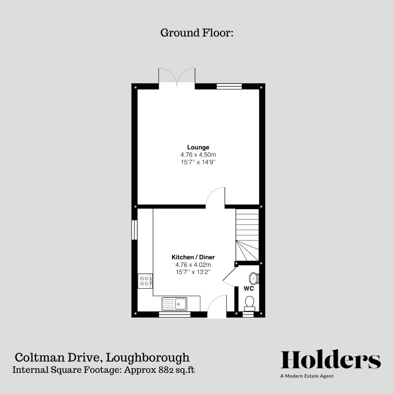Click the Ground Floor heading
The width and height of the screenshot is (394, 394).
point(197,33)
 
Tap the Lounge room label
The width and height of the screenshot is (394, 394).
point(198,147)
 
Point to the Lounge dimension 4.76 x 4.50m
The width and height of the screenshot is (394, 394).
point(198,155)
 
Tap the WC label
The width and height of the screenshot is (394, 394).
point(249,288)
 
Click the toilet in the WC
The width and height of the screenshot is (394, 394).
point(250,303)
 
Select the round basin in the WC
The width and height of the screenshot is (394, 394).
point(254,278)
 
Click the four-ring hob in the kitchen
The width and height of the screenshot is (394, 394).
point(145,281)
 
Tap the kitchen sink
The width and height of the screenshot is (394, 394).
point(175,303)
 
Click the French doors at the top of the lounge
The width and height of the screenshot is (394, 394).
point(177,77)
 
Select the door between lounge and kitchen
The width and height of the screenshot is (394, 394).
point(216,197)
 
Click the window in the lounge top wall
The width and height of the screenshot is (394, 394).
point(229,86)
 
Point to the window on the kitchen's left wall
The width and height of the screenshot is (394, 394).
point(134,229)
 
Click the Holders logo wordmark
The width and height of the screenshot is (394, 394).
point(331,360)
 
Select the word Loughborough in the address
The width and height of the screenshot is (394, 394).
point(148,357)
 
